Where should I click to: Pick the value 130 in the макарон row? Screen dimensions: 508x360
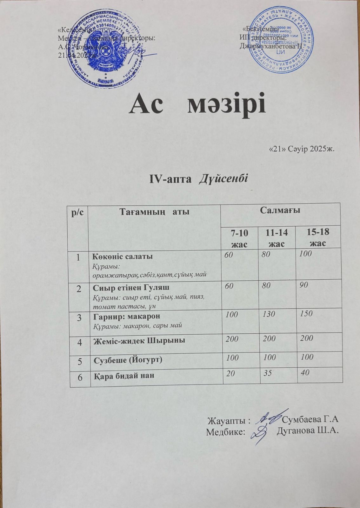pyautogui.click(x=269, y=314)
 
